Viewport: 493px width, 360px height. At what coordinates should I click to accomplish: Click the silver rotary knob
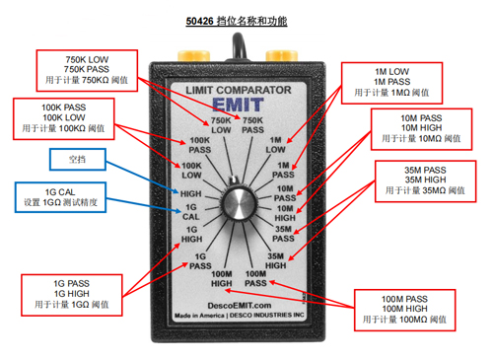pyautogui.click(x=239, y=203)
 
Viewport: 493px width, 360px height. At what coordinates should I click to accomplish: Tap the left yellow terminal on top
pyautogui.click(x=193, y=55)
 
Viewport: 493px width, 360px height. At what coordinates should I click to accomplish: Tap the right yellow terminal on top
pyautogui.click(x=282, y=55)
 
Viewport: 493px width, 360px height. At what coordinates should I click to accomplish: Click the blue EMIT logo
pyautogui.click(x=238, y=105)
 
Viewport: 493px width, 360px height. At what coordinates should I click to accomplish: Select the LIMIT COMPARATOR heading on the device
pyautogui.click(x=239, y=90)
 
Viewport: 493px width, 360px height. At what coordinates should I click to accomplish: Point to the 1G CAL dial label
pyautogui.click(x=191, y=212)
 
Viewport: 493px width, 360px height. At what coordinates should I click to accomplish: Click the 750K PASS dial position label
pyautogui.click(x=252, y=125)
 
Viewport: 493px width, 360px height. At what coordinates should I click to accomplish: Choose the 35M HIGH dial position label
pyautogui.click(x=275, y=260)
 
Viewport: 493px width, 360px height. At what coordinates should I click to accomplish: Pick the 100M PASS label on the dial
pyautogui.click(x=255, y=278)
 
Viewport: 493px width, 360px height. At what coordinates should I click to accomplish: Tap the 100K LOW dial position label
pyautogui.click(x=191, y=171)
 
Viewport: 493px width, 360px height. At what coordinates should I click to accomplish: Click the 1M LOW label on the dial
pyautogui.click(x=275, y=145)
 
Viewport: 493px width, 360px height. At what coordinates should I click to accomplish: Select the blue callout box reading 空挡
pyautogui.click(x=78, y=160)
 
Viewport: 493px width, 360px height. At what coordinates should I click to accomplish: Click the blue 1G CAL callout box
pyautogui.click(x=60, y=197)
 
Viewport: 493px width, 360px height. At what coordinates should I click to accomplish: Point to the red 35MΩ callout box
pyautogui.click(x=425, y=181)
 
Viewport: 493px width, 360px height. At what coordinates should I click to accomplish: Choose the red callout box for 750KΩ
pyautogui.click(x=87, y=71)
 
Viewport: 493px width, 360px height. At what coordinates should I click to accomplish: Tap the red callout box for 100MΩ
pyautogui.click(x=404, y=310)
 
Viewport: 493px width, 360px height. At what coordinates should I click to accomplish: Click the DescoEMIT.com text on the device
pyautogui.click(x=240, y=306)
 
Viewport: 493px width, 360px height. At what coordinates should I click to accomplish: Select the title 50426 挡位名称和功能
pyautogui.click(x=237, y=22)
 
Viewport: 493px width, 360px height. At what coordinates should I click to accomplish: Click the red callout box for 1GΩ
pyautogui.click(x=72, y=295)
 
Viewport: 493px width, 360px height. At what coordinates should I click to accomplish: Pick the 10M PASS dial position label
pyautogui.click(x=285, y=193)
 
